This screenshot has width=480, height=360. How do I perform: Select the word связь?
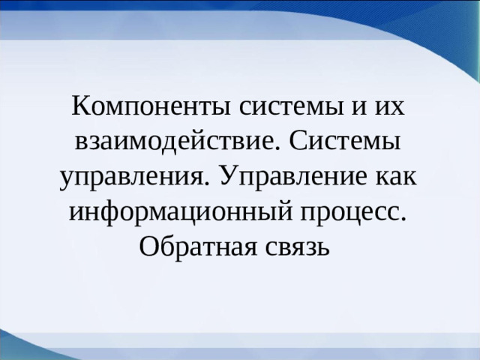tap(296, 245)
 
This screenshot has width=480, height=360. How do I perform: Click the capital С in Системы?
tap(295, 141)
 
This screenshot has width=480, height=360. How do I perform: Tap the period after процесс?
tap(403, 217)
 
